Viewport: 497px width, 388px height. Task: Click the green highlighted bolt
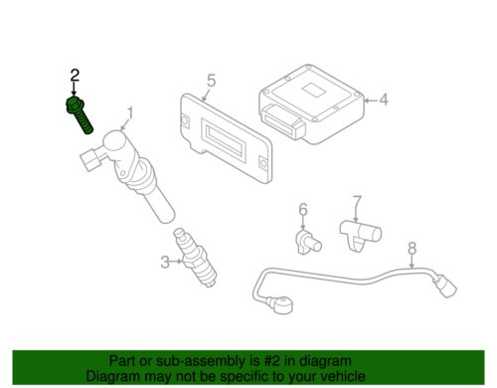(79, 114)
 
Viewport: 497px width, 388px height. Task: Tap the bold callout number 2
(75, 76)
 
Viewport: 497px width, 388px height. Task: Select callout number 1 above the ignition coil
(130, 113)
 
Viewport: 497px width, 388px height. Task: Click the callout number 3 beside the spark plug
(165, 262)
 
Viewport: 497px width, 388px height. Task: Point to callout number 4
(384, 99)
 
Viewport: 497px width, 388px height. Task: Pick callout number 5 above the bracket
(211, 81)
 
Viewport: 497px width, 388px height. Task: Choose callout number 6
(303, 210)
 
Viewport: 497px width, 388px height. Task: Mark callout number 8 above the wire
(412, 248)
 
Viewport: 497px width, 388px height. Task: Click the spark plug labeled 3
(195, 258)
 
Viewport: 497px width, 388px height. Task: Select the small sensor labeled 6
(308, 243)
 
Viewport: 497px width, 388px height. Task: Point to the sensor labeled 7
(360, 234)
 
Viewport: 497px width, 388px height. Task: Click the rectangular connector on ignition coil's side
(90, 159)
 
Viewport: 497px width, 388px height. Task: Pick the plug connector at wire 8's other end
(444, 288)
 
